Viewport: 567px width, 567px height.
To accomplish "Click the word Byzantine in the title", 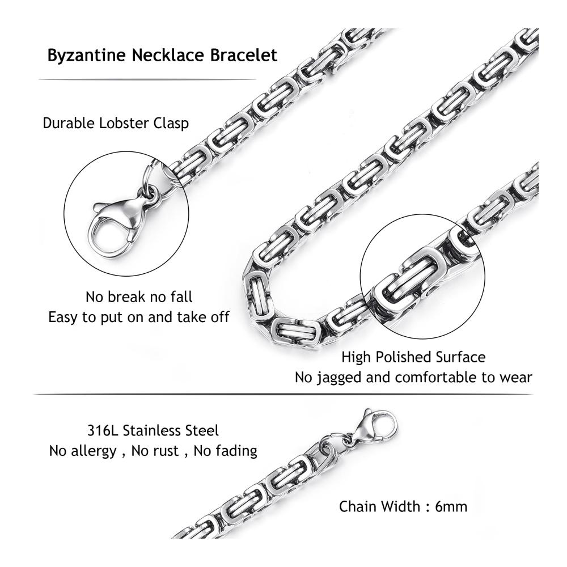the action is pyautogui.click(x=86, y=56).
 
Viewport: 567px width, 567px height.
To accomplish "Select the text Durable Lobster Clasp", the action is pyautogui.click(x=116, y=123).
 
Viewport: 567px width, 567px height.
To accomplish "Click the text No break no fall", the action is pyautogui.click(x=139, y=297).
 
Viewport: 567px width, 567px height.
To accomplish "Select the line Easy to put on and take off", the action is pyautogui.click(x=139, y=317).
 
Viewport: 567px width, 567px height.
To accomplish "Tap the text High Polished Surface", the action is pyautogui.click(x=413, y=357).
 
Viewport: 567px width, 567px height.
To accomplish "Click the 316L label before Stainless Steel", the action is pyautogui.click(x=103, y=431).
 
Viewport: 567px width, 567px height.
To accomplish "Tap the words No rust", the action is pyautogui.click(x=155, y=451).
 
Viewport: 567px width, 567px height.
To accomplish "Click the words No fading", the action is pyautogui.click(x=225, y=451).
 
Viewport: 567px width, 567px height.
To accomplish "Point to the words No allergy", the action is pyautogui.click(x=83, y=451).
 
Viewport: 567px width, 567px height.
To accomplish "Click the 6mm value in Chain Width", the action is pyautogui.click(x=451, y=506).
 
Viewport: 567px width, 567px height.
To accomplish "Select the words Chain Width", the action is pyautogui.click(x=380, y=506).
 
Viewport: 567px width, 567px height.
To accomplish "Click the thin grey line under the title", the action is pyautogui.click(x=147, y=79).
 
